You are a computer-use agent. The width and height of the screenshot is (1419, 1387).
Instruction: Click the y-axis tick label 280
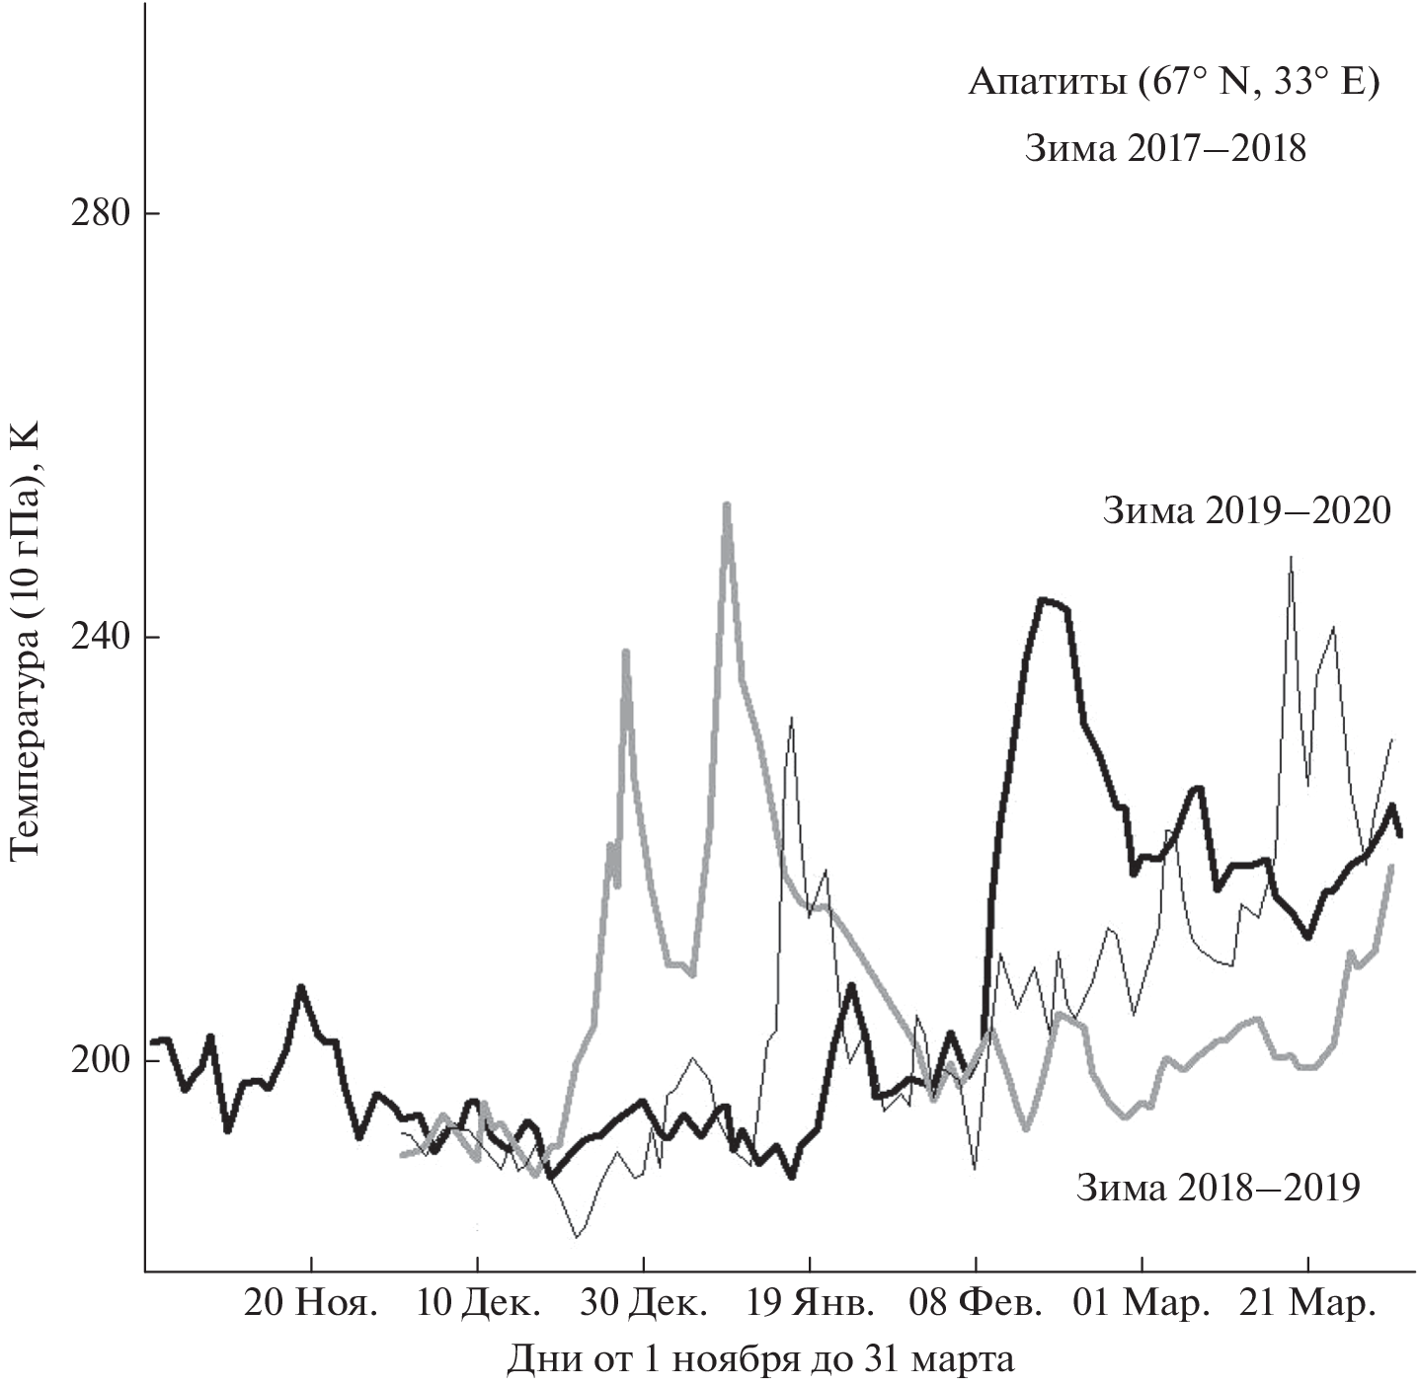coord(100,213)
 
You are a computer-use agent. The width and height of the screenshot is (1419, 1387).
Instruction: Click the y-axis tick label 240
coord(100,637)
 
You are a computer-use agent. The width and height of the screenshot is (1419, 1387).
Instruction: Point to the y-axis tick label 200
coord(100,1060)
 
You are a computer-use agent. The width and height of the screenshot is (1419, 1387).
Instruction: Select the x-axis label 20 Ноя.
coord(311,1303)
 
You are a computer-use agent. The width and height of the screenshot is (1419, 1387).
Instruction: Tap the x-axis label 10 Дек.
coord(478,1303)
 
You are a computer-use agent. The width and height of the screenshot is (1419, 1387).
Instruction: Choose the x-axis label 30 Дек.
coord(644,1303)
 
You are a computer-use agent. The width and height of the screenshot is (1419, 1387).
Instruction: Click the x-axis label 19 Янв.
coord(811,1303)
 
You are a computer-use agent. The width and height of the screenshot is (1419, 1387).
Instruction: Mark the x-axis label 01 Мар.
coord(1143,1303)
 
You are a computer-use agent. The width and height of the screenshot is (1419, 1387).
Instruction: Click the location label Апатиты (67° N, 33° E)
coord(1172,83)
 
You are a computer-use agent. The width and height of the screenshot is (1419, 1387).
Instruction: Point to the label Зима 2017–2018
coord(1165,149)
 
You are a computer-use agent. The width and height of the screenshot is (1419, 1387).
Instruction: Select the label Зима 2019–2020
coord(1246,511)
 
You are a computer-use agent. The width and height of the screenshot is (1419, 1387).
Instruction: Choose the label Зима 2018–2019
coord(1218,1187)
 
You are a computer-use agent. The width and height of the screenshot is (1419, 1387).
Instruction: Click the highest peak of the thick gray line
coord(726,505)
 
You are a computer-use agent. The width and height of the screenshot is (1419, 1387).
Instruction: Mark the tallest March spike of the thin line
coord(1291,558)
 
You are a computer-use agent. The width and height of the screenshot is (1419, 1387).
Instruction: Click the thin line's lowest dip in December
coord(577,1236)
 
